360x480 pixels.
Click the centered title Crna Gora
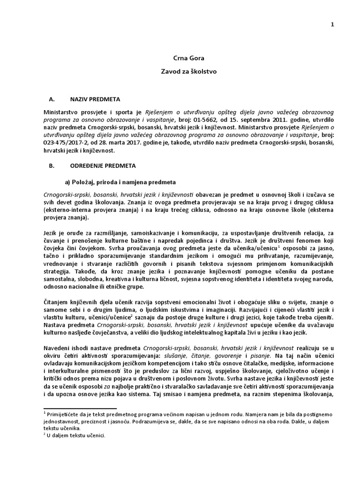click(x=180, y=59)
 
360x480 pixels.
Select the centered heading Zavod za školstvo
click(x=180, y=73)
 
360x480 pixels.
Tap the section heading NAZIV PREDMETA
click(x=95, y=99)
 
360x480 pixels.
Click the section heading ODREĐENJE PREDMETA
click(x=102, y=166)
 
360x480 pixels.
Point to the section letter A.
click(x=52, y=99)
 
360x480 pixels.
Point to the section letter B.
click(x=51, y=166)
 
